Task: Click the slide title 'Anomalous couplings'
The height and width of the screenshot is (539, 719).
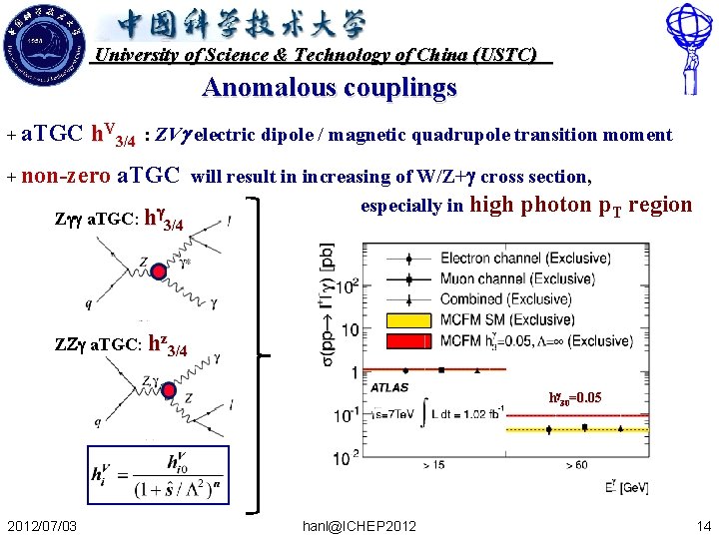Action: [329, 88]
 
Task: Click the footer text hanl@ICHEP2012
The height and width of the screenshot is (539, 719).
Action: [361, 525]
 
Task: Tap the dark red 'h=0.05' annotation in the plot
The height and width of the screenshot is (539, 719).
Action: [574, 397]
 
